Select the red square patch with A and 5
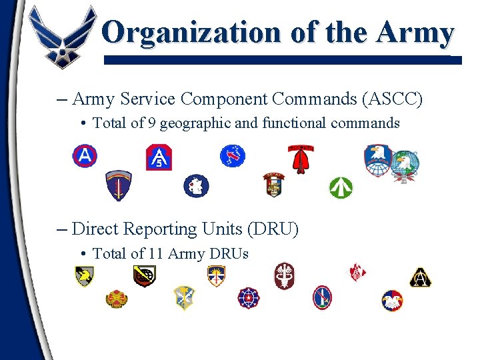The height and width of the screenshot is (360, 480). click(x=159, y=157)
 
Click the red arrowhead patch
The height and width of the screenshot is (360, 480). click(x=301, y=159)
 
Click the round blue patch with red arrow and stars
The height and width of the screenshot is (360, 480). click(x=233, y=156)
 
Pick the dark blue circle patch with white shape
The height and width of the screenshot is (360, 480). click(x=196, y=185)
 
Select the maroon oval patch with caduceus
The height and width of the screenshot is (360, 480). click(x=284, y=275)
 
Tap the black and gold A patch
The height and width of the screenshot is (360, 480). click(x=420, y=277)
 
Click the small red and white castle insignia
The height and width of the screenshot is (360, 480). click(x=358, y=272)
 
